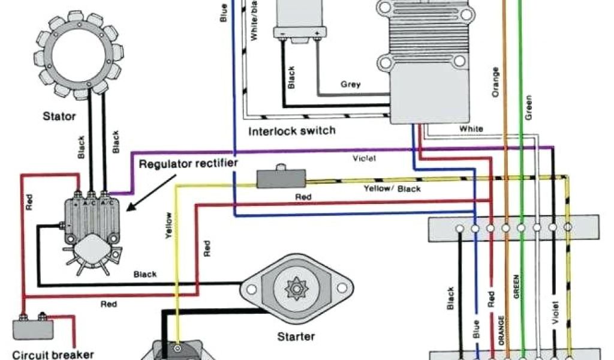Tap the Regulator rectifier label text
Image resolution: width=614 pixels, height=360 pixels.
pos(188,163)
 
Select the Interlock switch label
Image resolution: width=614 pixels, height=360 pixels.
pos(291,131)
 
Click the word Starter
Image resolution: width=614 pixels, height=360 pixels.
pos(296,336)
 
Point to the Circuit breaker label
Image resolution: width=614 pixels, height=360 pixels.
pos(48,353)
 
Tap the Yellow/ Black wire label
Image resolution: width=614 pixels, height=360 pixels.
pos(392,188)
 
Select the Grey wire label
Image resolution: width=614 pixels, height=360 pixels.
pos(351,85)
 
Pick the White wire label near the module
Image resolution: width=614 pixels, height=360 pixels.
pos(471,128)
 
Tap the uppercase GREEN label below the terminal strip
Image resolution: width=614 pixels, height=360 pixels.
pos(516,287)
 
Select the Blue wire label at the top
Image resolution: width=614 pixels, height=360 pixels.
pos(224,13)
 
